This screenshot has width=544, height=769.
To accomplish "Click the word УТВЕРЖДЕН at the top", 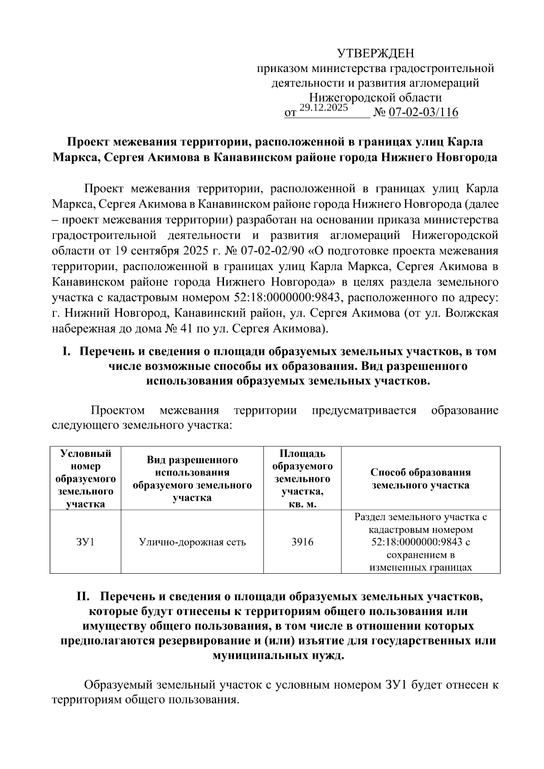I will [376, 54].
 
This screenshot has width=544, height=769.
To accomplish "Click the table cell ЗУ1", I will [86, 542].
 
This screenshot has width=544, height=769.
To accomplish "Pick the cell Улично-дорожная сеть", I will [192, 542].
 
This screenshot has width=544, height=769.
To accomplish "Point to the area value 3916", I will [302, 542].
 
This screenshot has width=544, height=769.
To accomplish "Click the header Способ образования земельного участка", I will [420, 479].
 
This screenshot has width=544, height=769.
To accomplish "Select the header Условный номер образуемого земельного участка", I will [86, 479].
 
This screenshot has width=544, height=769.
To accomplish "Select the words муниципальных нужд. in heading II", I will [278, 656].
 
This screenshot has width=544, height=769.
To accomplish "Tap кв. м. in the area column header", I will [302, 504].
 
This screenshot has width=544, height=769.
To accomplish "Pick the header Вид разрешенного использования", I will [192, 479].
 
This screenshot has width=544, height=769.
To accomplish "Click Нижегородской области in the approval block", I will [375, 97].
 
